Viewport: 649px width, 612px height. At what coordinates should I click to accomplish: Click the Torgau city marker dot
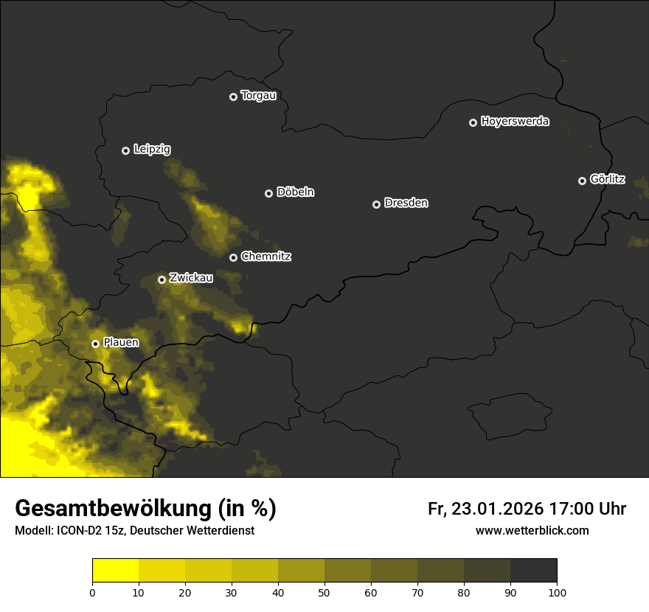pyautogui.click(x=233, y=97)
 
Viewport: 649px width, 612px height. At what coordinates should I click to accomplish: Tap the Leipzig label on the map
pyautogui.click(x=152, y=150)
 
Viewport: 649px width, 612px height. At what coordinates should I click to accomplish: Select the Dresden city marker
pyautogui.click(x=376, y=204)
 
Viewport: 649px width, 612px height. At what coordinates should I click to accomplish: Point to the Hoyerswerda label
pyautogui.click(x=515, y=122)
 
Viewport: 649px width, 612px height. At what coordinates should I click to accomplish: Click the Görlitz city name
pyautogui.click(x=608, y=180)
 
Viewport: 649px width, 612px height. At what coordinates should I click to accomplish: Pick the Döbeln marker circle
pyautogui.click(x=268, y=193)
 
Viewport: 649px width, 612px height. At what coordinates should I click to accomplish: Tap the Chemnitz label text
pyautogui.click(x=266, y=257)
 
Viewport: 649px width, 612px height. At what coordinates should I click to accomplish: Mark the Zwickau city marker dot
pyautogui.click(x=162, y=279)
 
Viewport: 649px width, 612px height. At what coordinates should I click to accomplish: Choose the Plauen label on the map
pyautogui.click(x=121, y=343)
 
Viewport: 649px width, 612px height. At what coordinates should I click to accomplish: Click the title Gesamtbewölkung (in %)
pyautogui.click(x=145, y=509)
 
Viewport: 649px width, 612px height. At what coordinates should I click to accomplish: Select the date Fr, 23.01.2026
pyautogui.click(x=485, y=509)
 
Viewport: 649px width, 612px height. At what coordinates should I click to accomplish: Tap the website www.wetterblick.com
pyautogui.click(x=532, y=530)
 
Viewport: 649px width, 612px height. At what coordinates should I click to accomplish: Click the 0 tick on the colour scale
pyautogui.click(x=92, y=591)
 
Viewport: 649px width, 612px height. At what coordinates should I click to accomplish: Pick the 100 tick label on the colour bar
pyautogui.click(x=557, y=591)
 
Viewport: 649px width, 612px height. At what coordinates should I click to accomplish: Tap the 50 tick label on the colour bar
pyautogui.click(x=324, y=591)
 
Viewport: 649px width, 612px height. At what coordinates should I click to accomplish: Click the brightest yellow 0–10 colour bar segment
pyautogui.click(x=116, y=570)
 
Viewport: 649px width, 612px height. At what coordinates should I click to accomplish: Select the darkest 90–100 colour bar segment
pyautogui.click(x=533, y=570)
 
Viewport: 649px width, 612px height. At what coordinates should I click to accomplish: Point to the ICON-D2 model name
pyautogui.click(x=77, y=531)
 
